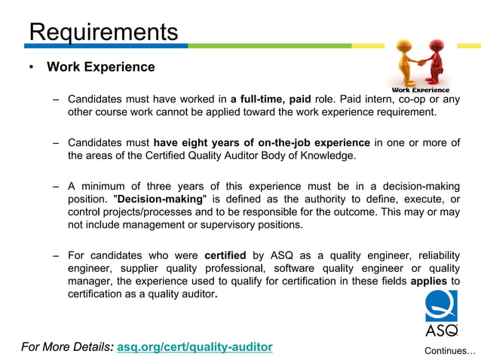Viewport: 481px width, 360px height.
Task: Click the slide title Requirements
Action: [x=103, y=32]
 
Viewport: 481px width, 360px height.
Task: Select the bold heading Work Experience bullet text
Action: [x=101, y=67]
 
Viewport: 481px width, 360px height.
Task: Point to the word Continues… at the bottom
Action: [x=450, y=351]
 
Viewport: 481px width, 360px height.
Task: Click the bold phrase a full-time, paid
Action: [x=270, y=99]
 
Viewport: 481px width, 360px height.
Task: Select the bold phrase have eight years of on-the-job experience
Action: [x=262, y=142]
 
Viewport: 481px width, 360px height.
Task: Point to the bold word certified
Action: [x=225, y=255]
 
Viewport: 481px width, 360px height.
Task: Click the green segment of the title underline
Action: [x=286, y=47]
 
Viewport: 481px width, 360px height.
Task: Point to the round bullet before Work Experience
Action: [x=31, y=68]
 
